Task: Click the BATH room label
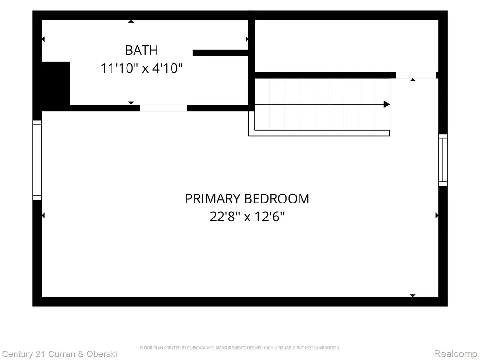click(142, 50)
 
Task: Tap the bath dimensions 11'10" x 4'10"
click(142, 68)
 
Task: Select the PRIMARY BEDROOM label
click(247, 199)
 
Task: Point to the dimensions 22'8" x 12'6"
click(247, 217)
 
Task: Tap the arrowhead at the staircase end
click(387, 105)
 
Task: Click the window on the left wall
click(37, 160)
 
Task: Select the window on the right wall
click(443, 160)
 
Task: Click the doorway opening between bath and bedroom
click(163, 108)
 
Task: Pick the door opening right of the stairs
click(416, 75)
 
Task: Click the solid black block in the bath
click(56, 83)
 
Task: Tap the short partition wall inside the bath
click(220, 52)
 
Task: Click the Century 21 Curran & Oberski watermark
click(60, 354)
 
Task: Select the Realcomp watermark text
click(456, 354)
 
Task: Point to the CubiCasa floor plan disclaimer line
click(240, 348)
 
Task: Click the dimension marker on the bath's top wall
click(131, 21)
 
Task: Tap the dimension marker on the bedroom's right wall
click(437, 216)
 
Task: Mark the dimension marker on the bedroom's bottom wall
click(412, 296)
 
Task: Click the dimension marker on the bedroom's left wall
click(43, 216)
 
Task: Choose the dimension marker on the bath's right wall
click(247, 39)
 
